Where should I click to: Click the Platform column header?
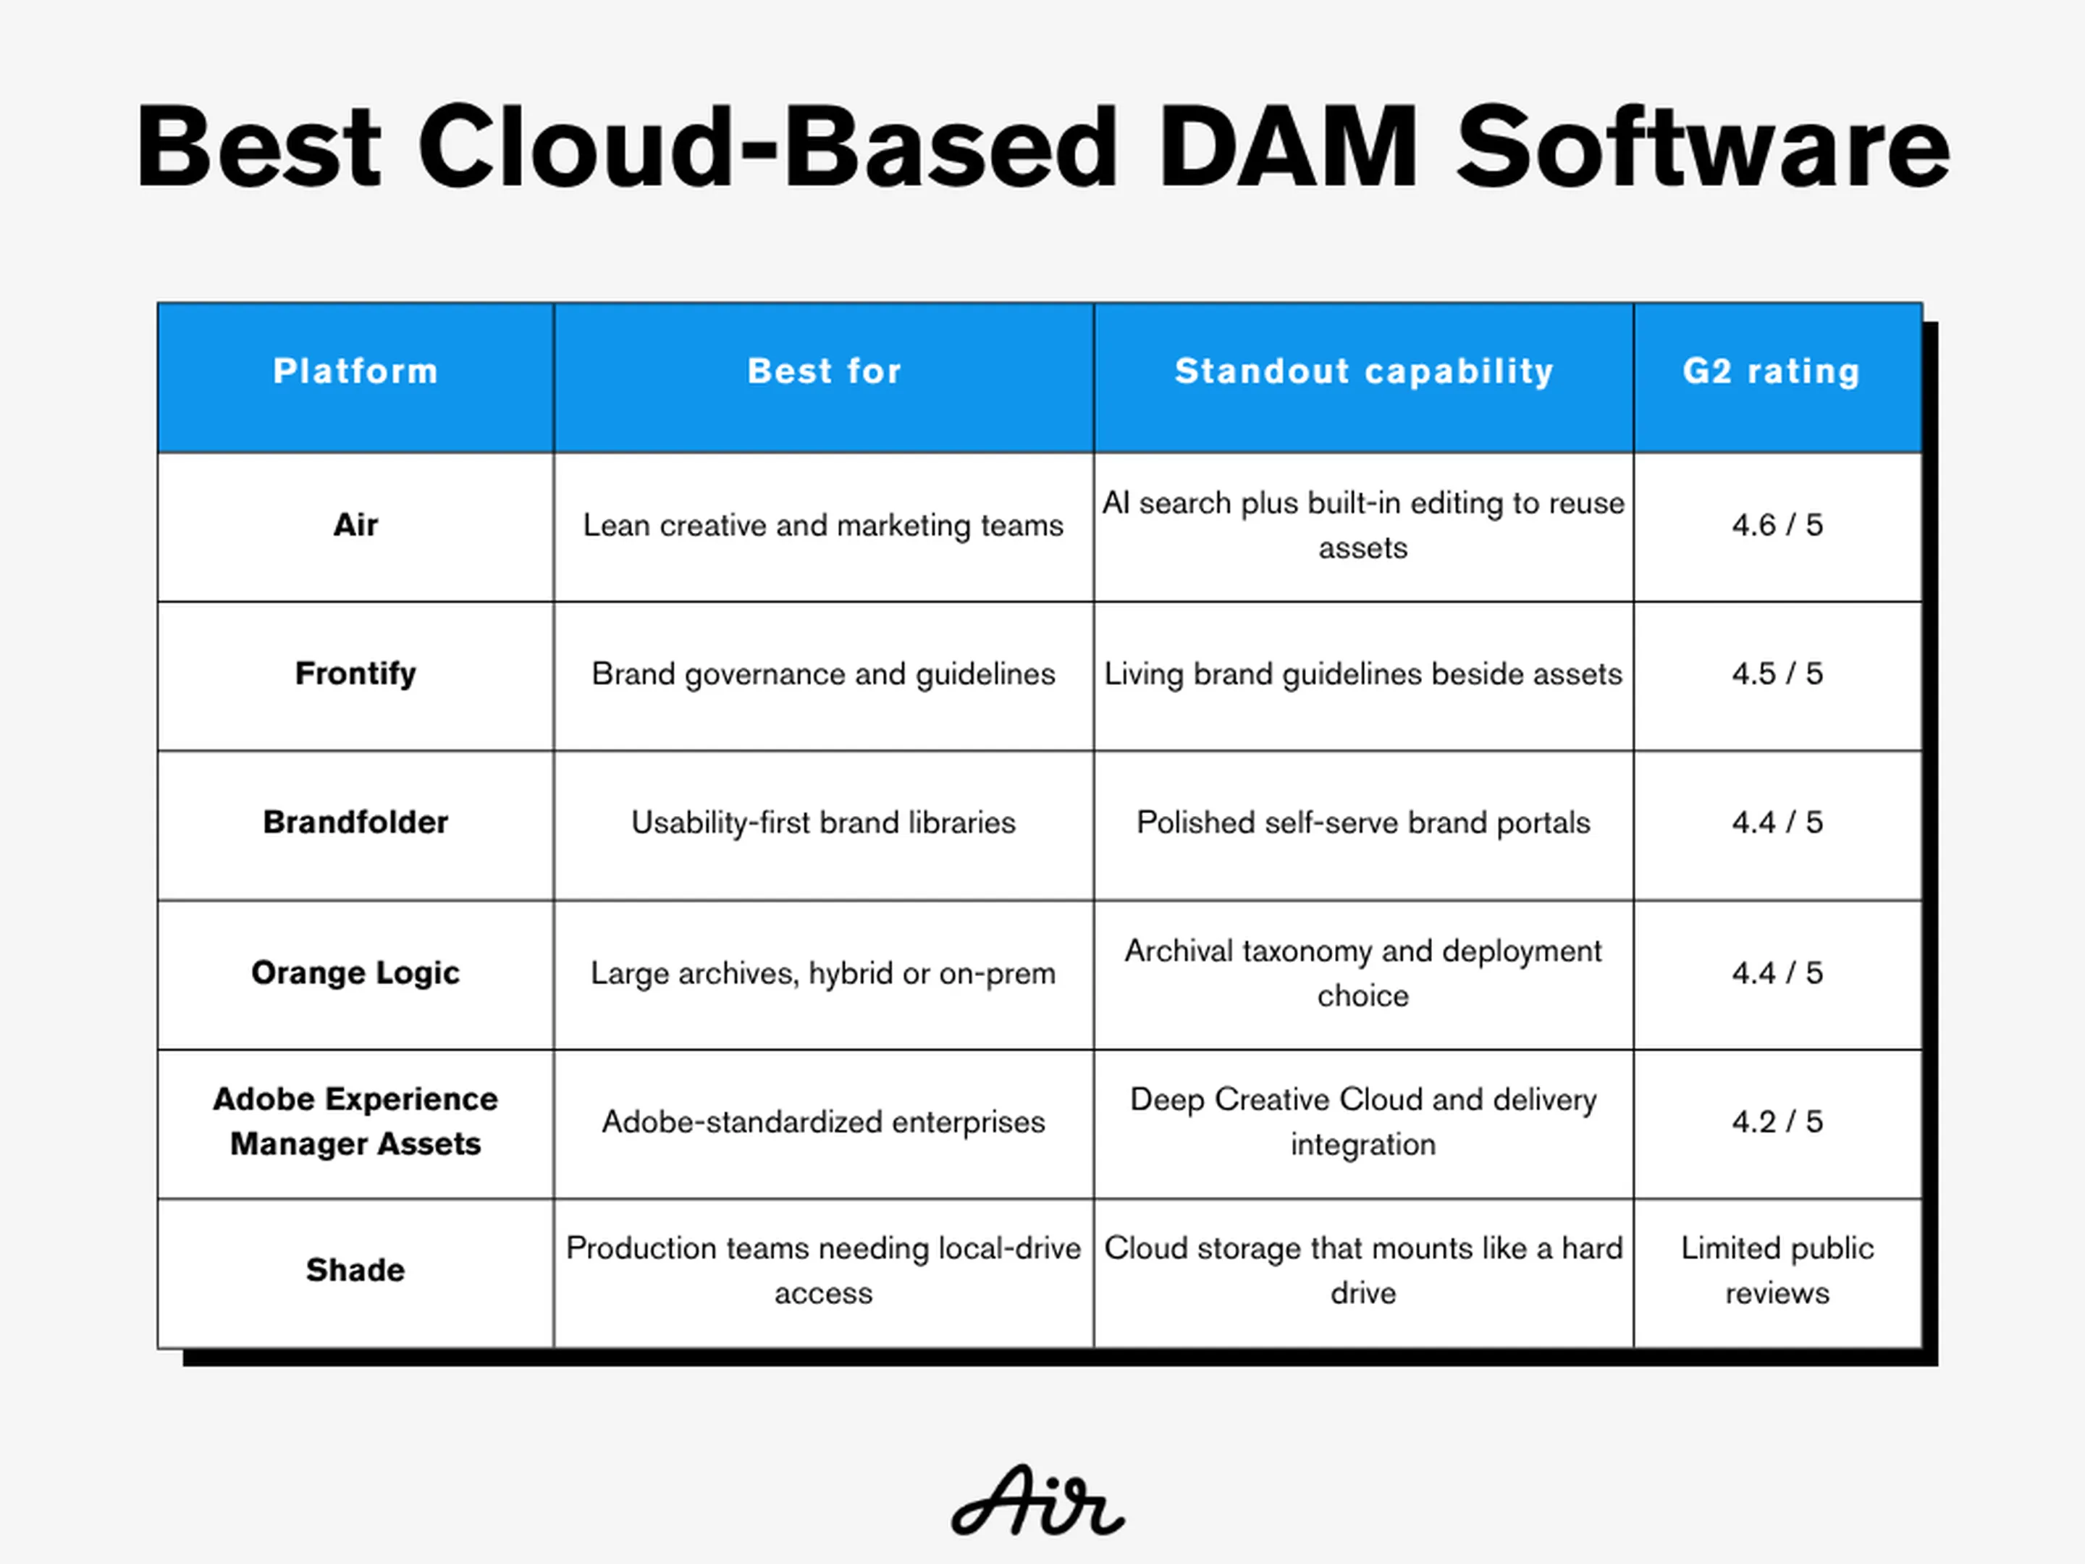pyautogui.click(x=355, y=371)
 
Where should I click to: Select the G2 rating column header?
pyautogui.click(x=1771, y=371)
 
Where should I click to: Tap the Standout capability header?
pyautogui.click(x=1364, y=372)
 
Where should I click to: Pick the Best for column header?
pyautogui.click(x=824, y=371)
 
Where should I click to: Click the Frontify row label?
pyautogui.click(x=355, y=674)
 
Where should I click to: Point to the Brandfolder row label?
pyautogui.click(x=355, y=822)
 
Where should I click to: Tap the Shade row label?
pyautogui.click(x=355, y=1270)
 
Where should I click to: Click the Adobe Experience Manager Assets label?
pyautogui.click(x=355, y=1121)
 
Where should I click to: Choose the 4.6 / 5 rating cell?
pyautogui.click(x=1777, y=524)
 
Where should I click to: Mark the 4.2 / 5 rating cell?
pyautogui.click(x=1777, y=1121)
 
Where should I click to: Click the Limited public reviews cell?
pyautogui.click(x=1777, y=1270)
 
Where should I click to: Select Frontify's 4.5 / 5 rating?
pyautogui.click(x=1777, y=673)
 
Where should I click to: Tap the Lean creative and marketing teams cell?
pyautogui.click(x=823, y=525)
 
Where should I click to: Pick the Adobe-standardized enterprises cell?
pyautogui.click(x=823, y=1122)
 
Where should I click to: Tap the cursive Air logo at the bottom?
pyautogui.click(x=1037, y=1500)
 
